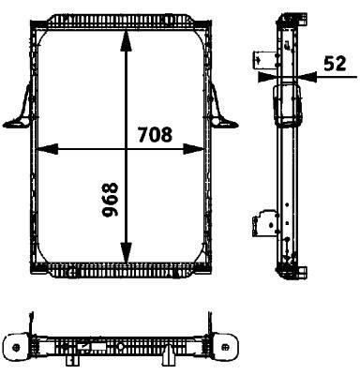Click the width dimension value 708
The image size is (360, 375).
(x=155, y=134)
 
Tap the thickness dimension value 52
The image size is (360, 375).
(x=334, y=64)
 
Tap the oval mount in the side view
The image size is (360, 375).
(x=283, y=108)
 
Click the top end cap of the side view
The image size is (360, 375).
(x=286, y=17)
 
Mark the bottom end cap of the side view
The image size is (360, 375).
(x=288, y=273)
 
